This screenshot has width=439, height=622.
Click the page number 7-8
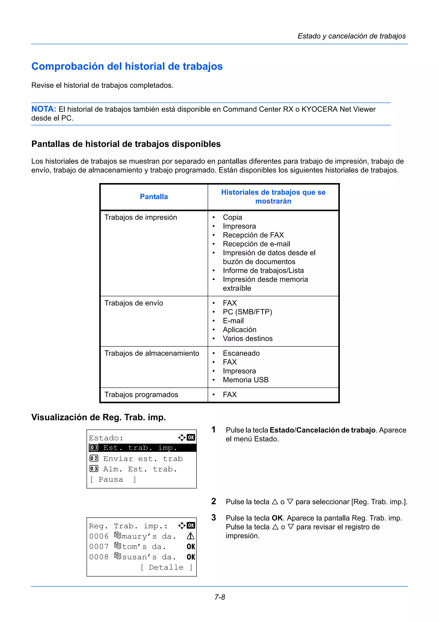(x=220, y=597)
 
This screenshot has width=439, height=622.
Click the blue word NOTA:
(x=44, y=109)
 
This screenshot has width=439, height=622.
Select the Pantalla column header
(x=154, y=197)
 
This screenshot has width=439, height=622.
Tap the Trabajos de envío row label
(x=134, y=303)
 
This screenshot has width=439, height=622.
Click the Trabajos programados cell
(x=141, y=394)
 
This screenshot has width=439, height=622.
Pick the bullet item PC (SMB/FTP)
(x=247, y=312)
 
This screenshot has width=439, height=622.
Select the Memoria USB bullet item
(x=245, y=380)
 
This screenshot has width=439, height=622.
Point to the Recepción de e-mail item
(x=256, y=244)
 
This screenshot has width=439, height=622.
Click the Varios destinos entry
(x=248, y=338)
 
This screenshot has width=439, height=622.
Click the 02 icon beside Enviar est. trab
(x=94, y=458)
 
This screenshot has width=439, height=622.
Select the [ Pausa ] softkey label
(x=113, y=479)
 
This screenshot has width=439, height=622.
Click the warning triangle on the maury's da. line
(x=190, y=536)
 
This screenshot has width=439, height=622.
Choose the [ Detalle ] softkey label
(x=166, y=567)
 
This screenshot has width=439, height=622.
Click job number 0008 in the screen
(x=99, y=557)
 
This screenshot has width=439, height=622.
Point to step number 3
(x=213, y=517)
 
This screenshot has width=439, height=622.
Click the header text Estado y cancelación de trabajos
(x=351, y=36)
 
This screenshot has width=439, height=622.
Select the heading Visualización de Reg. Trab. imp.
(x=98, y=417)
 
